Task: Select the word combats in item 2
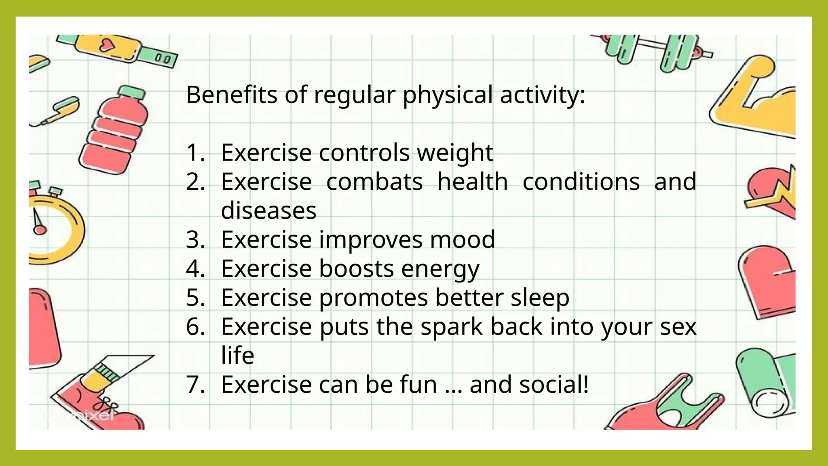374,182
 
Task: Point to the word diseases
268,211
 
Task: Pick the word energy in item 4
440,269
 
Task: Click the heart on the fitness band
108,44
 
